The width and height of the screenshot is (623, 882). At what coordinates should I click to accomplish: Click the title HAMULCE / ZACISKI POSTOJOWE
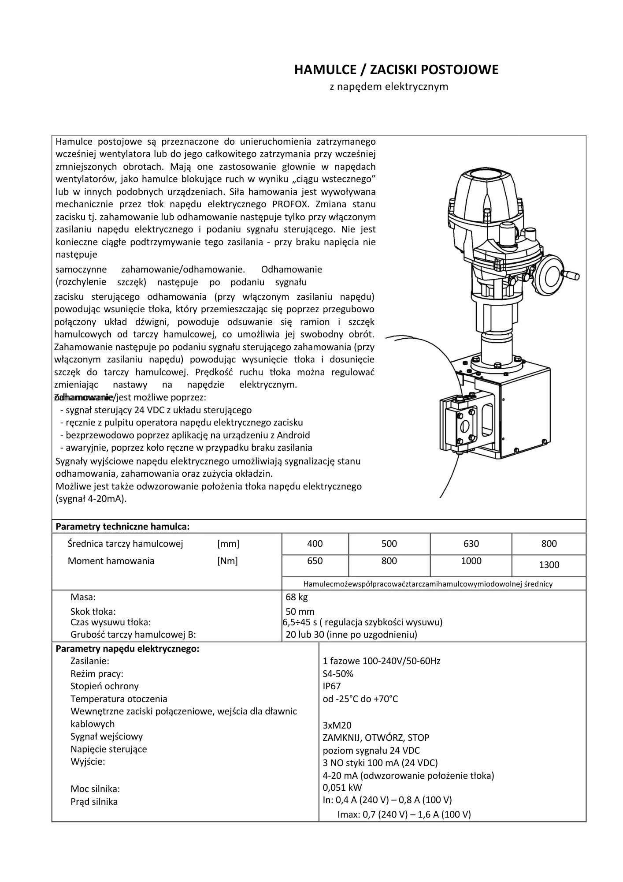click(396, 70)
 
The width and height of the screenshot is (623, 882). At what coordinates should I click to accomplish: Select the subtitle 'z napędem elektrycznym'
click(389, 86)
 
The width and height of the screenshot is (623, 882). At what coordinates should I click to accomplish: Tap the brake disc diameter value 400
click(315, 544)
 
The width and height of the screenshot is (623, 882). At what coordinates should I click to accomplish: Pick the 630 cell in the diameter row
click(471, 544)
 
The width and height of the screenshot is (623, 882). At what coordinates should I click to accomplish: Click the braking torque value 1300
click(549, 565)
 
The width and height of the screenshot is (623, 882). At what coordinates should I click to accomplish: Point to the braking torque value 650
click(315, 561)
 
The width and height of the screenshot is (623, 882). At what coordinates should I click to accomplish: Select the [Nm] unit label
click(227, 561)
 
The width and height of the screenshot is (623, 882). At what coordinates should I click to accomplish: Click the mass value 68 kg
click(297, 597)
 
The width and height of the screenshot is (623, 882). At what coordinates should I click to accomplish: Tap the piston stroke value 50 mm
click(300, 612)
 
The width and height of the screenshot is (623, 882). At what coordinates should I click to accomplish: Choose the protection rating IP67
click(332, 686)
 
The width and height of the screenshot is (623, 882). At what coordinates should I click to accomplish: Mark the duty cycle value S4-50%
click(338, 673)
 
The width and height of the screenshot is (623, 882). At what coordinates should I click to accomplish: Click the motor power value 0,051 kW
click(342, 787)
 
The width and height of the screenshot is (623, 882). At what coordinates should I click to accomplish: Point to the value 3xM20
click(337, 725)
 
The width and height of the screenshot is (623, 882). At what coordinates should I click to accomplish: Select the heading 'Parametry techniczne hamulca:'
click(122, 526)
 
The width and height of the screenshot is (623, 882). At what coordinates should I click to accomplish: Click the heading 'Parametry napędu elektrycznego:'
click(127, 649)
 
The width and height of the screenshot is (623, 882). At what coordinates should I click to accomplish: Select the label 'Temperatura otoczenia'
click(119, 699)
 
